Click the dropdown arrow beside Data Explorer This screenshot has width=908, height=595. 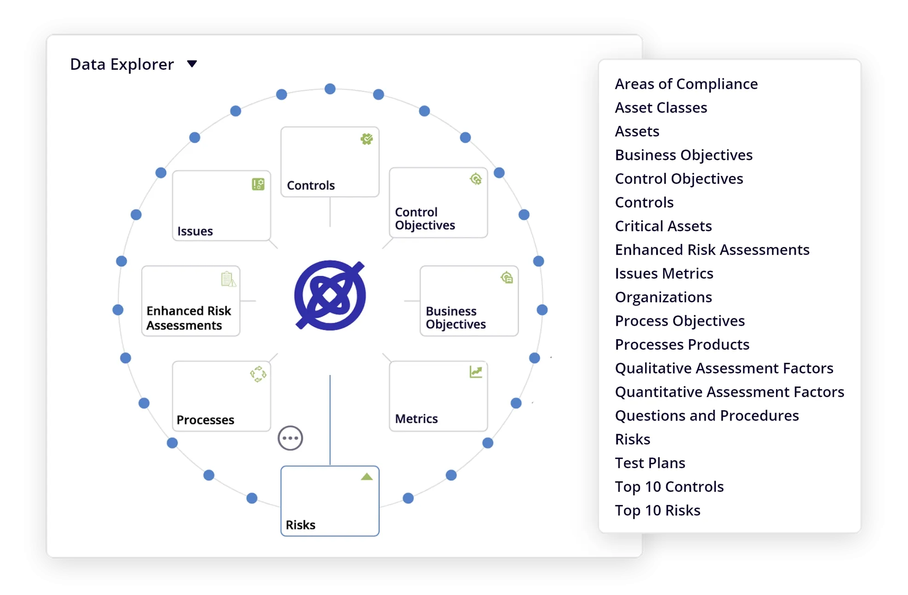[x=192, y=64]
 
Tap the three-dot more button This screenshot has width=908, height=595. [x=290, y=438]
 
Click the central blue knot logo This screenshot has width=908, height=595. [x=330, y=295]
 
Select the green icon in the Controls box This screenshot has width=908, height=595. [x=366, y=139]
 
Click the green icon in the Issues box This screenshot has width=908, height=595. [x=258, y=184]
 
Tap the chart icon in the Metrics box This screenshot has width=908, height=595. [x=476, y=372]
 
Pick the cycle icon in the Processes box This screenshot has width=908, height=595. [x=258, y=374]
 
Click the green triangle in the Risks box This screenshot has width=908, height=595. [x=366, y=476]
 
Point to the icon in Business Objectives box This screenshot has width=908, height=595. [x=507, y=278]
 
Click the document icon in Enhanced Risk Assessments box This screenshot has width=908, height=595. [x=228, y=279]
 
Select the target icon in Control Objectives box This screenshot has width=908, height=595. [x=476, y=179]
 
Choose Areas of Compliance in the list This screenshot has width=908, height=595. [x=686, y=84]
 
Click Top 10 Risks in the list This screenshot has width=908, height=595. [x=657, y=510]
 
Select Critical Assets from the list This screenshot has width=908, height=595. [x=663, y=226]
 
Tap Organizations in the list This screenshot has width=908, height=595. [x=663, y=297]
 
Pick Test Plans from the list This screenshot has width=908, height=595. [x=650, y=463]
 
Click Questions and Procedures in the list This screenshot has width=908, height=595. [x=707, y=416]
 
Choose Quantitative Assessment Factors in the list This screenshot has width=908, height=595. [x=729, y=392]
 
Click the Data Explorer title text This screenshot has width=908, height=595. [x=122, y=64]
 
